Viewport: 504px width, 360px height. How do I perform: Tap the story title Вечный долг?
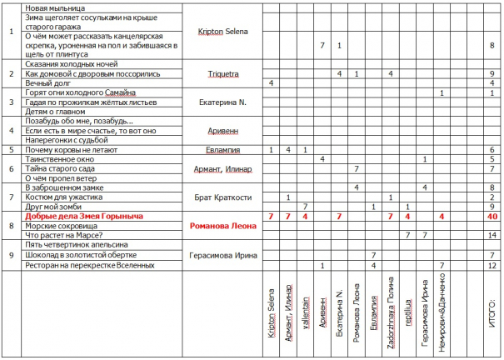pyautogui.click(x=49, y=83)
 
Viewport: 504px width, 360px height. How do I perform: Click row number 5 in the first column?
pyautogui.click(x=11, y=150)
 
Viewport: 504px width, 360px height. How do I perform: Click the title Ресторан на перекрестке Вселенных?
pyautogui.click(x=91, y=265)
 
